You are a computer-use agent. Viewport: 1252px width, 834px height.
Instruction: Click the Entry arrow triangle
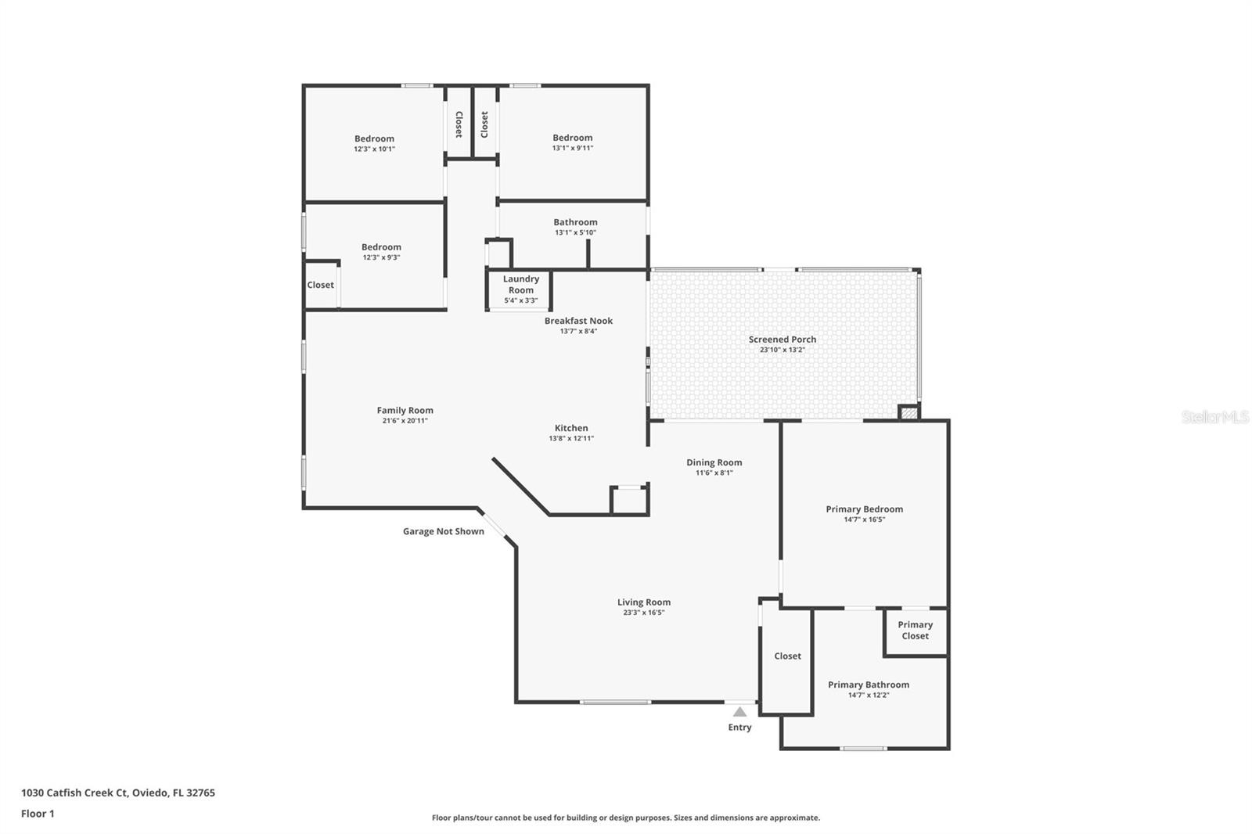[x=739, y=712]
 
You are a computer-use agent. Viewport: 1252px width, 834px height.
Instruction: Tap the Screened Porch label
[x=782, y=340]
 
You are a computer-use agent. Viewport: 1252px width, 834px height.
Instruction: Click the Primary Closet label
[x=915, y=631]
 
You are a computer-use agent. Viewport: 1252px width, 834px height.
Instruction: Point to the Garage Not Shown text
[x=443, y=531]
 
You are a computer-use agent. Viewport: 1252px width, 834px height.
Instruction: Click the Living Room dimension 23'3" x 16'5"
[x=643, y=613]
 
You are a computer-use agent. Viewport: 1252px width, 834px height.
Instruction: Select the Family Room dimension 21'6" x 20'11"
[x=405, y=421]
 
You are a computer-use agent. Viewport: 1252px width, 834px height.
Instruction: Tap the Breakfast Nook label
[x=578, y=321]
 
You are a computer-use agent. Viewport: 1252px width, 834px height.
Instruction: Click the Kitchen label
[x=571, y=428]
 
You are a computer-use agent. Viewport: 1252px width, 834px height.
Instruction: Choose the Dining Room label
[x=714, y=462]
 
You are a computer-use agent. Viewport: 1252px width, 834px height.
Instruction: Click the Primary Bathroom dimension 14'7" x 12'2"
[x=869, y=695]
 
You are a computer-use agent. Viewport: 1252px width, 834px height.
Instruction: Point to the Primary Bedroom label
[x=864, y=509]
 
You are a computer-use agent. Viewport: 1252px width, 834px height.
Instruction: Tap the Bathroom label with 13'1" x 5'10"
[x=575, y=222]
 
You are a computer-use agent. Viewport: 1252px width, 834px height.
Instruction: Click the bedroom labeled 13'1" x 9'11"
[x=572, y=138]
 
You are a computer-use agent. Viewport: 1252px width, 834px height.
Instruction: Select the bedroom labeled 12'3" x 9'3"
[x=381, y=247]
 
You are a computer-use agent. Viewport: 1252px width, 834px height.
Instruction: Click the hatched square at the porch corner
[x=908, y=412]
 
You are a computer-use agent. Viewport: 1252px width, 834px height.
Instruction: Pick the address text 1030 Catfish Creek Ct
[x=74, y=793]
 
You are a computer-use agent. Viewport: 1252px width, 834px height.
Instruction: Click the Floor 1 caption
[x=38, y=814]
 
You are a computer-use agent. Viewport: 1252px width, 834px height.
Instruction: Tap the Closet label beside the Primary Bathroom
[x=787, y=656]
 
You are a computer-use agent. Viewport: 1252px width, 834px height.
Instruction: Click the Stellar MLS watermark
[x=1214, y=417]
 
